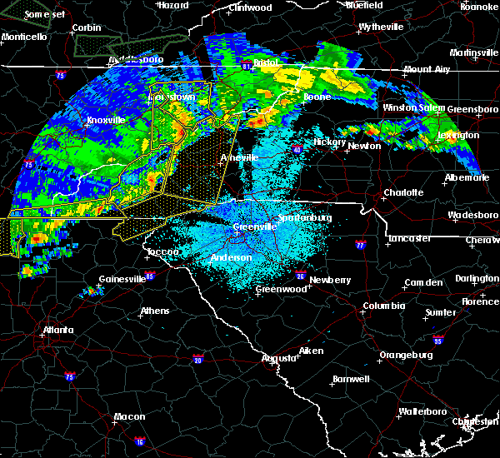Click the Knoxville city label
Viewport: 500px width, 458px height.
pyautogui.click(x=106, y=120)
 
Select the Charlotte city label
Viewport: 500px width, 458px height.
pyautogui.click(x=403, y=192)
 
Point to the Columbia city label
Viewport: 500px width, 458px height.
pyautogui.click(x=383, y=306)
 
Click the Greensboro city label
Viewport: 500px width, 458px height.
pyautogui.click(x=472, y=108)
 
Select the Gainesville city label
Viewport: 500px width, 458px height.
pyautogui.click(x=122, y=279)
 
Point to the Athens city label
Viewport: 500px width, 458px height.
pyautogui.click(x=154, y=311)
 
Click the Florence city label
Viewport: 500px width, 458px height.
pyautogui.click(x=481, y=301)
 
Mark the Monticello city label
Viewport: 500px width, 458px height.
pyautogui.click(x=23, y=37)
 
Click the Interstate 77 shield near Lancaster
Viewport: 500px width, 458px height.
pyautogui.click(x=360, y=246)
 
